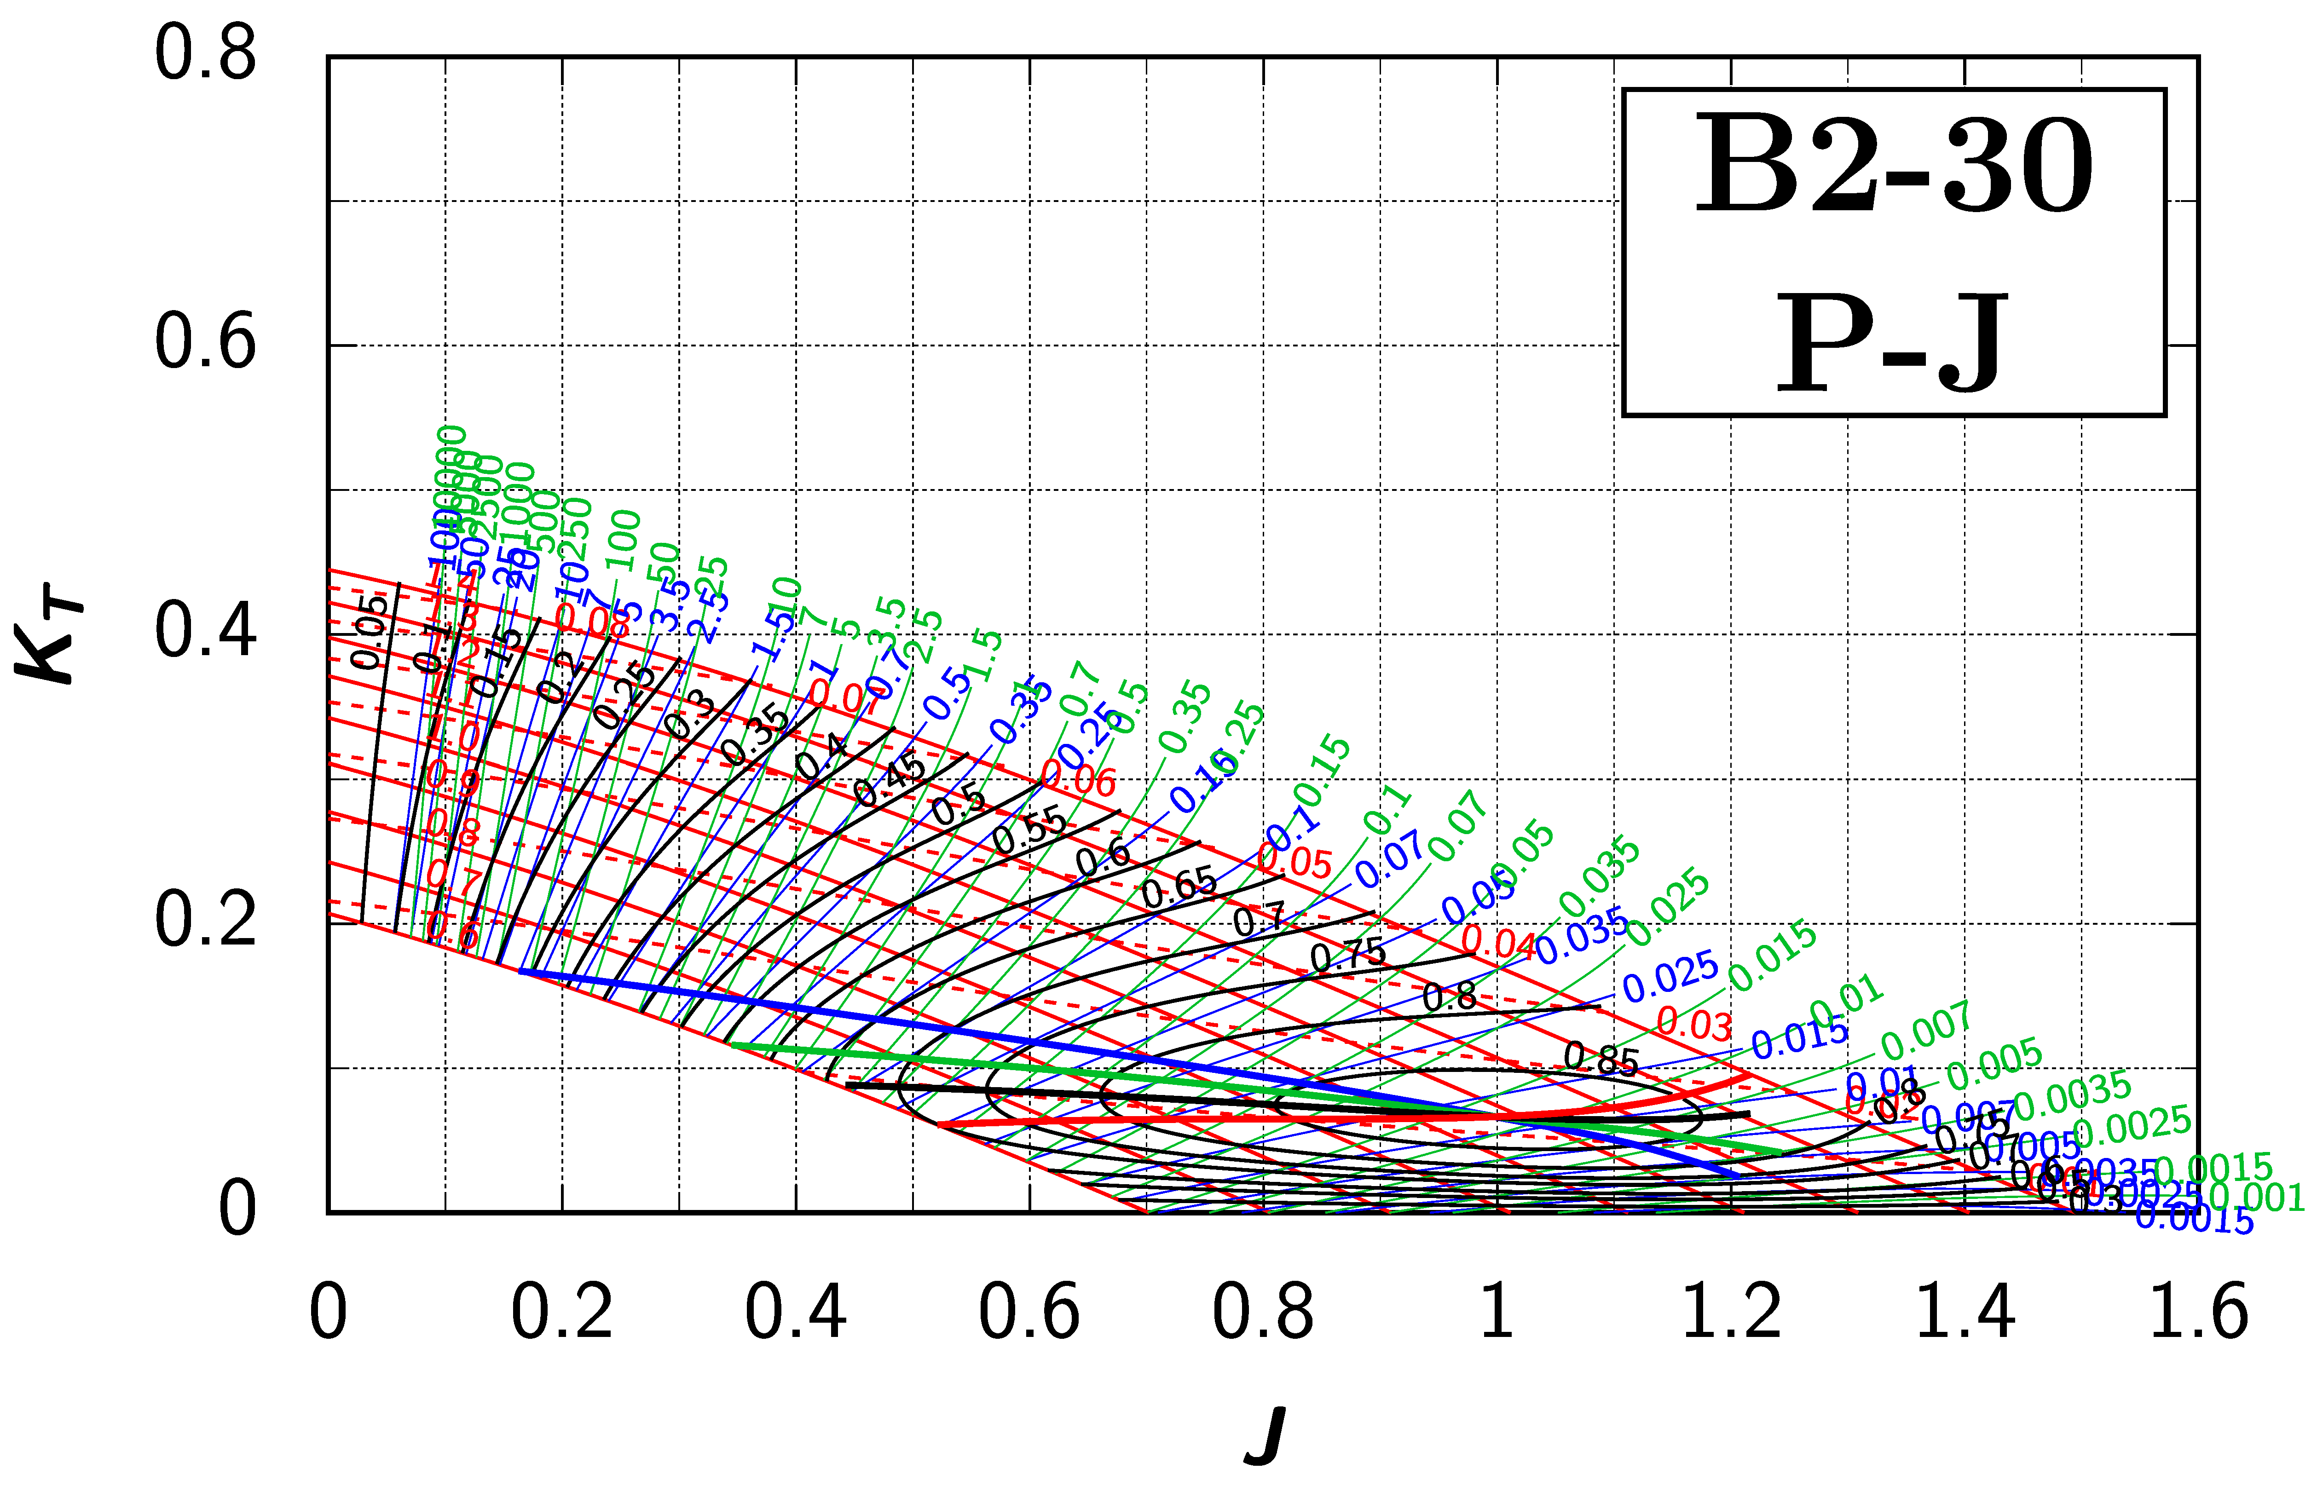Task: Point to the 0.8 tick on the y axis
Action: pos(206,55)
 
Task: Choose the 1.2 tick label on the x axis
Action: pos(1730,1312)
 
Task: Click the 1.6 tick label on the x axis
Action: pos(2198,1312)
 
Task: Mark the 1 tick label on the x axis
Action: pos(1497,1312)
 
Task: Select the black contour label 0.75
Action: pos(1348,955)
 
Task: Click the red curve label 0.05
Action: pos(1295,861)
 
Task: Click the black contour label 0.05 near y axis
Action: pos(370,632)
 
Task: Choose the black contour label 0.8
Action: pos(1450,996)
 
